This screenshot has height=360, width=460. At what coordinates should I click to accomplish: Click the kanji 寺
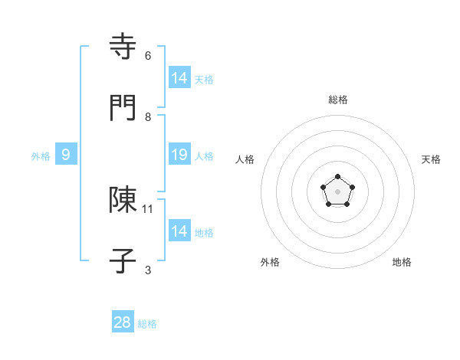pyautogui.click(x=123, y=47)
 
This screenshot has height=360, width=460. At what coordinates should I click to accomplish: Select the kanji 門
pyautogui.click(x=123, y=108)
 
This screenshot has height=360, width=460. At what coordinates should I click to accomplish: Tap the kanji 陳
pyautogui.click(x=123, y=200)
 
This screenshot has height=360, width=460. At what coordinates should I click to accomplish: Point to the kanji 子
pyautogui.click(x=123, y=260)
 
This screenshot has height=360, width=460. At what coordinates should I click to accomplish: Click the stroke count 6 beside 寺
pyautogui.click(x=148, y=56)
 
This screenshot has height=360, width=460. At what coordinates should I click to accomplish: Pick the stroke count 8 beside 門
pyautogui.click(x=148, y=117)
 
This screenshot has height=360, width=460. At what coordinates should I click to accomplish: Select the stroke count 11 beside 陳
pyautogui.click(x=149, y=208)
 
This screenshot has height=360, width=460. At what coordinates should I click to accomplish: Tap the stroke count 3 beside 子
pyautogui.click(x=148, y=270)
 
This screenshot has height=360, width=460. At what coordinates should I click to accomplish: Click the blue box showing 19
pyautogui.click(x=179, y=155)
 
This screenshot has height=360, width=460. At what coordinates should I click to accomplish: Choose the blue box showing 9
pyautogui.click(x=66, y=155)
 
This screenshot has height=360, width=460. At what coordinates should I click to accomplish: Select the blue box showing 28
pyautogui.click(x=123, y=322)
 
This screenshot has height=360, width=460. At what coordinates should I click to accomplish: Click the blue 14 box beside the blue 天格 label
pyautogui.click(x=179, y=78)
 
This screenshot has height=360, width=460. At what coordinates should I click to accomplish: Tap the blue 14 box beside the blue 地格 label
pyautogui.click(x=179, y=231)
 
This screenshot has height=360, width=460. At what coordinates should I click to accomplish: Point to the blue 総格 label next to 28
pyautogui.click(x=147, y=324)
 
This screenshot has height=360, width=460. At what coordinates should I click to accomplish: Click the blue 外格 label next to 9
pyautogui.click(x=41, y=156)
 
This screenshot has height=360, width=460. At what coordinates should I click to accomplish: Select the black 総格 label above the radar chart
pyautogui.click(x=338, y=100)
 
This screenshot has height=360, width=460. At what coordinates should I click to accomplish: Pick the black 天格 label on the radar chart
pyautogui.click(x=431, y=159)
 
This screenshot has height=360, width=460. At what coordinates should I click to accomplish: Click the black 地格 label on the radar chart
pyautogui.click(x=402, y=262)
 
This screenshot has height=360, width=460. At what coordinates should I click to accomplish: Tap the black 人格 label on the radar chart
pyautogui.click(x=245, y=159)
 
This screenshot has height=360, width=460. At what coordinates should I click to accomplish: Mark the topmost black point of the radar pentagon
pyautogui.click(x=338, y=178)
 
